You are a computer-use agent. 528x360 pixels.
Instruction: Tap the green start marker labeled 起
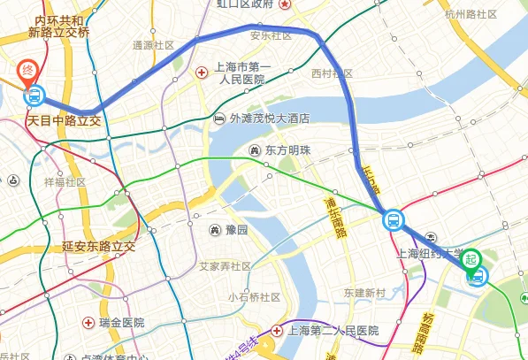472,258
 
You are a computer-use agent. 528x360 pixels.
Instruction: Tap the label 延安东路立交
98,245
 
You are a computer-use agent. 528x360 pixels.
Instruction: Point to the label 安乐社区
272,36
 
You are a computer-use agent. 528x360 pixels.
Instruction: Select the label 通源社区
153,44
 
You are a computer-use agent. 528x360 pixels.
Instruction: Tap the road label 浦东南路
333,217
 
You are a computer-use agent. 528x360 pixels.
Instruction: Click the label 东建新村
365,293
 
